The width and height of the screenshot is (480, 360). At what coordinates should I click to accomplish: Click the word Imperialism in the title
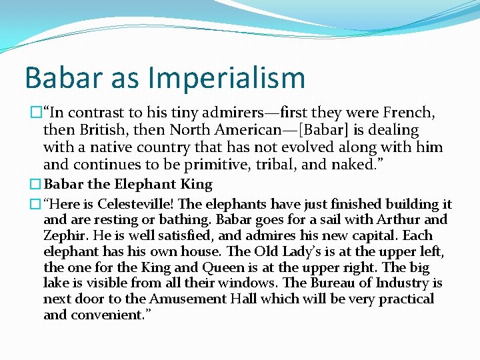coord(227,77)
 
